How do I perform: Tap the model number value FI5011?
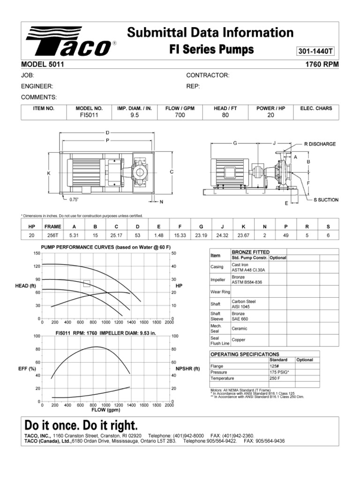[89, 115]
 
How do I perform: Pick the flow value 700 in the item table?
[180, 115]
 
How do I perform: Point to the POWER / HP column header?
[270, 108]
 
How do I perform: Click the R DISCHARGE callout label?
[320, 144]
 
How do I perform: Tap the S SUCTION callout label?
[326, 200]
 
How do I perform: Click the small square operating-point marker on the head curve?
[87, 283]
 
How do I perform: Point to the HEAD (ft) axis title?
[26, 285]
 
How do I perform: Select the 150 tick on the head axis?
[37, 253]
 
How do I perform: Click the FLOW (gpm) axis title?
[105, 410]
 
